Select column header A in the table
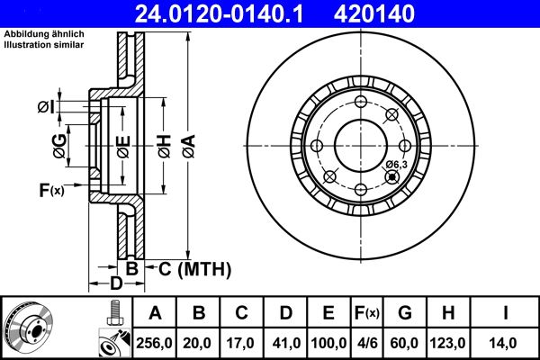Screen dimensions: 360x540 coord(155,313)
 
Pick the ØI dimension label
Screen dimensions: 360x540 coord(46,108)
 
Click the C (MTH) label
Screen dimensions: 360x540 coord(193,268)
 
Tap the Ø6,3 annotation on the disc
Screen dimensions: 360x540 coord(396,164)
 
